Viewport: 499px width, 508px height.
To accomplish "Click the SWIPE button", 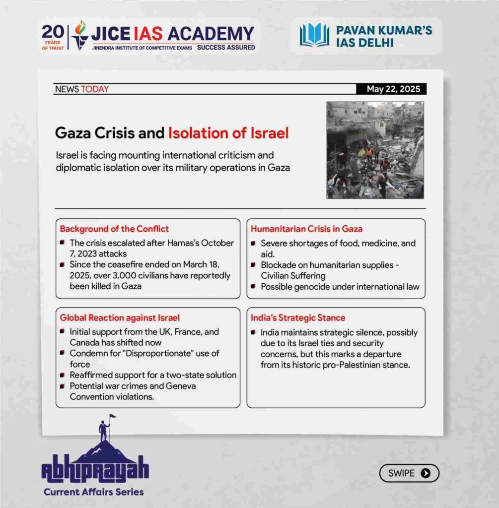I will pos(409,473).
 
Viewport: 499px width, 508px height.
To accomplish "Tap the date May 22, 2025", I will pos(393,89).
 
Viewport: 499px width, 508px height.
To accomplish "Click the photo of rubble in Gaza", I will pos(375,150).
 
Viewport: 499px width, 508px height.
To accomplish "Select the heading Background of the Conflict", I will pos(114,229).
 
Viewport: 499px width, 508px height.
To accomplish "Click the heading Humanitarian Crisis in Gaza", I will pos(306,229).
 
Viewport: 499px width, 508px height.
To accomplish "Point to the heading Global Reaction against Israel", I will pos(120,317).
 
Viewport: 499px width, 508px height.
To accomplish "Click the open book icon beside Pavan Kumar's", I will pos(314,36).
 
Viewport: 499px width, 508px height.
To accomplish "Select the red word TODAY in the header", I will pos(95,89).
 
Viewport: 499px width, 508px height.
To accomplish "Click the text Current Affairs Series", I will pos(93,492).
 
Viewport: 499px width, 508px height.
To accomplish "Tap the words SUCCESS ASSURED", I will pos(226,48).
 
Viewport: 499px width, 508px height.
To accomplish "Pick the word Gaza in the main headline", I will pos(74,133).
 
